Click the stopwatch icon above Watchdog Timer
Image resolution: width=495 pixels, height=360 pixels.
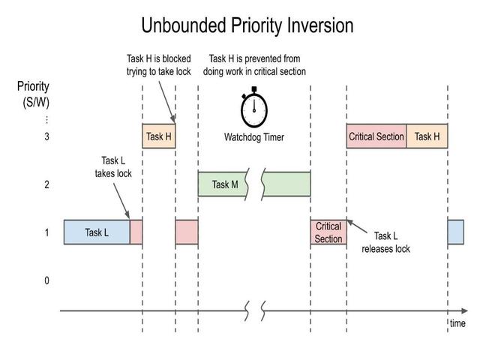tap(254, 109)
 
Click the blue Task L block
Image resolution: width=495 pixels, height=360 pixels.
tap(97, 232)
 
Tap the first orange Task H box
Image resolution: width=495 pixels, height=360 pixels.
tap(158, 136)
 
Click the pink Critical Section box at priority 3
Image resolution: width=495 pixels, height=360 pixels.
tap(376, 136)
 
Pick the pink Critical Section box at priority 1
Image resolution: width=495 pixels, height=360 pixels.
tap(328, 232)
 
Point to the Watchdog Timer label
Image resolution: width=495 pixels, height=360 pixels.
tap(254, 137)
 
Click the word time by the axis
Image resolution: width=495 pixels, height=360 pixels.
tap(457, 323)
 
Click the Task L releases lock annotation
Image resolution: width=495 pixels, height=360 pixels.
tap(385, 242)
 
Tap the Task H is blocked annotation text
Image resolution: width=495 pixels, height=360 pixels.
tap(158, 64)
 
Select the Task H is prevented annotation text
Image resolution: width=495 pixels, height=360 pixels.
tap(254, 64)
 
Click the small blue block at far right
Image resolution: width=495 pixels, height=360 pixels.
tap(456, 232)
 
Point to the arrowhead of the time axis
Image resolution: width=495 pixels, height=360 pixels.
tap(465, 310)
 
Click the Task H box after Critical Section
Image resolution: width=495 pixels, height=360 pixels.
tap(427, 136)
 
